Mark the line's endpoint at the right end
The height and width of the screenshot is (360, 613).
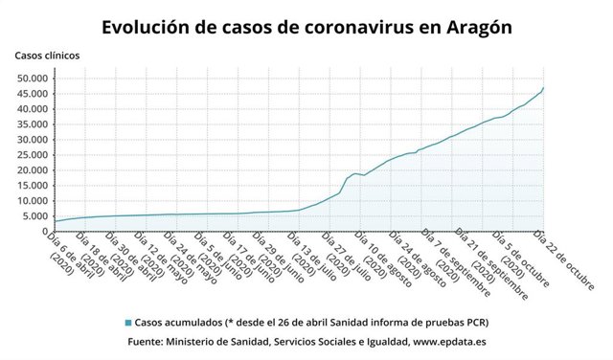coord(544,88)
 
